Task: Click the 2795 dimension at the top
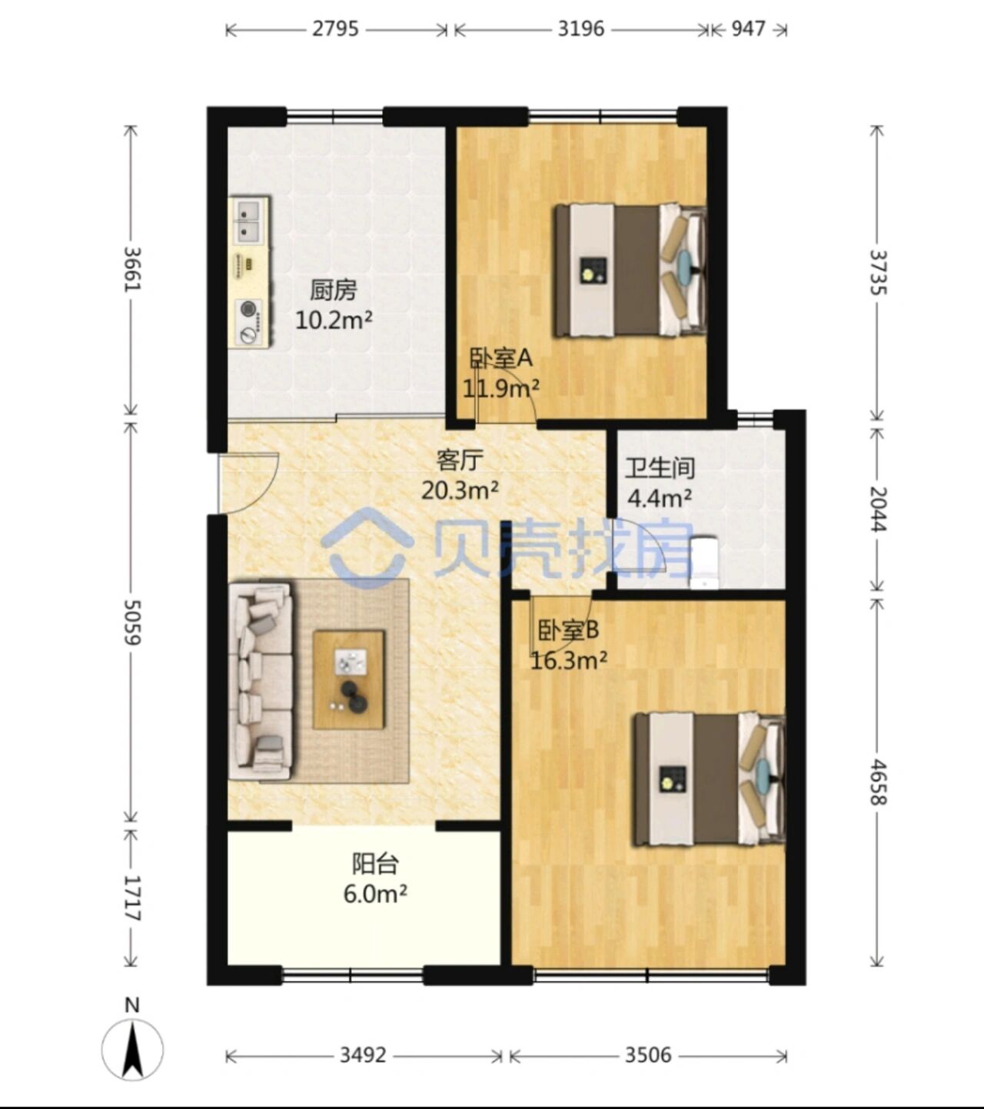pos(335,28)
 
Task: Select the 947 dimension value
pos(748,28)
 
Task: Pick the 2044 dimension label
pos(878,509)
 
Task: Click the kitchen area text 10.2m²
pos(334,320)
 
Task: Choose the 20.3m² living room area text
pos(460,490)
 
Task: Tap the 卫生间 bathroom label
pos(660,468)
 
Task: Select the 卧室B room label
pos(568,630)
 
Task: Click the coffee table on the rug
pos(349,679)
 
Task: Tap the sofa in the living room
pos(261,681)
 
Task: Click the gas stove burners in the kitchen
pos(249,323)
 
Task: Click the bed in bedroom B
pos(710,779)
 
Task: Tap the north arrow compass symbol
pos(132,1050)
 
